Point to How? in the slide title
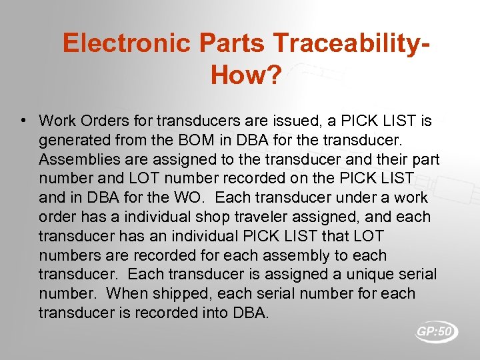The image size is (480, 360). [246, 75]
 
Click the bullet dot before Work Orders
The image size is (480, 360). [23, 121]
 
